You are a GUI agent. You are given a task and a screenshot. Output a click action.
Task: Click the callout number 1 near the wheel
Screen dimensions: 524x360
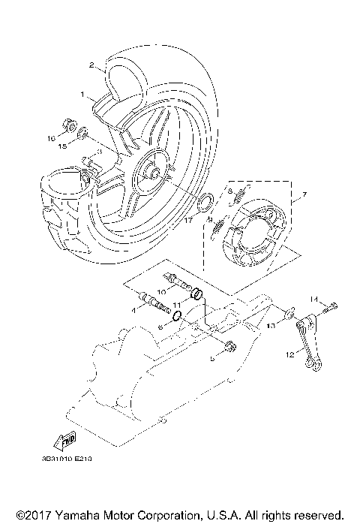(84, 95)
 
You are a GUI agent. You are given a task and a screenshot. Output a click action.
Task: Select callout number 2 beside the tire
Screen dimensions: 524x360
(91, 65)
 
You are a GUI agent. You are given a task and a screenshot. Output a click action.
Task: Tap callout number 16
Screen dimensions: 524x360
(52, 138)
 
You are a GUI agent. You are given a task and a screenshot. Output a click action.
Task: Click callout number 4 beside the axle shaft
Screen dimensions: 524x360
(133, 309)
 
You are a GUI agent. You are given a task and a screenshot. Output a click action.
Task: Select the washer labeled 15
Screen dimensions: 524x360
(82, 136)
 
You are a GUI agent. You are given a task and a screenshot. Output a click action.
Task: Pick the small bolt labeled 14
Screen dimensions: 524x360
(332, 305)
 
